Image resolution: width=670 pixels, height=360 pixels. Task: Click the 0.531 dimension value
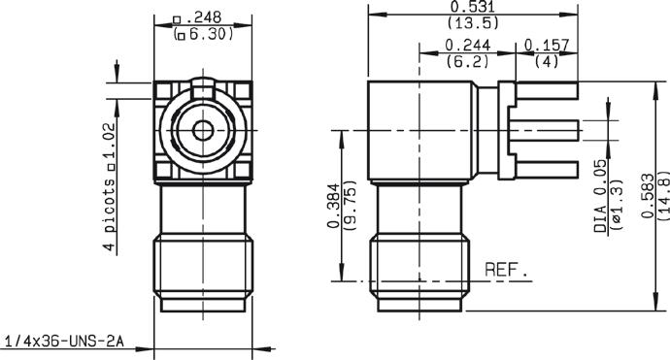pyautogui.click(x=473, y=7)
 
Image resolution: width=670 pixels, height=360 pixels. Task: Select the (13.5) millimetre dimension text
pyautogui.click(x=473, y=22)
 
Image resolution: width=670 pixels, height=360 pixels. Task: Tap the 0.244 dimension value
pyautogui.click(x=468, y=45)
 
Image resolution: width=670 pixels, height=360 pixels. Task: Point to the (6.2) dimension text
pyautogui.click(x=467, y=61)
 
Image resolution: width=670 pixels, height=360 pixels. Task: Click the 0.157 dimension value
pyautogui.click(x=547, y=45)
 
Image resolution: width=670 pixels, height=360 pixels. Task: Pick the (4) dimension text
pyautogui.click(x=547, y=61)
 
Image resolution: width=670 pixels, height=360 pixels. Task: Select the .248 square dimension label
pyautogui.click(x=197, y=17)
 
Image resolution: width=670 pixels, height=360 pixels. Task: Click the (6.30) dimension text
pyautogui.click(x=204, y=34)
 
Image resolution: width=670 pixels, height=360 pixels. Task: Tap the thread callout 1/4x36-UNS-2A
pyautogui.click(x=64, y=342)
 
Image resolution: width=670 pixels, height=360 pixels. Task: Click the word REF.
pyautogui.click(x=506, y=270)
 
